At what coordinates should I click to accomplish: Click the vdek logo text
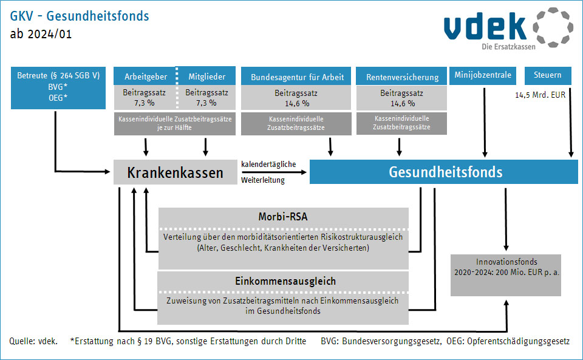coord(485,26)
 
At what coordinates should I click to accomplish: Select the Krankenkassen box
coord(175,172)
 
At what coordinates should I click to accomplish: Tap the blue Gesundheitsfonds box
coord(443,172)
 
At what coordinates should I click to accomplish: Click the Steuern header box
coord(548,75)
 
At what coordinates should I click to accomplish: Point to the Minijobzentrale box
coord(483,75)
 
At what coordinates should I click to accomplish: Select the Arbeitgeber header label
coord(146,76)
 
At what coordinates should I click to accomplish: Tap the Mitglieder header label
coord(206,76)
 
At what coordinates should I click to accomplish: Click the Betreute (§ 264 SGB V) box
coord(58,87)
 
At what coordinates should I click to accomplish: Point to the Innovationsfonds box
coord(506,275)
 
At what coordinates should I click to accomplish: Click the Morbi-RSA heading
coord(283,217)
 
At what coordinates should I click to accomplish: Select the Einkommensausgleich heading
coord(285,281)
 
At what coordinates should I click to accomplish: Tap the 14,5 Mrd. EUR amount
coord(540,95)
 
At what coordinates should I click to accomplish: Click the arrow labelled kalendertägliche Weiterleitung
coord(274,172)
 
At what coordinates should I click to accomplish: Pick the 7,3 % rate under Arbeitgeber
coord(145,103)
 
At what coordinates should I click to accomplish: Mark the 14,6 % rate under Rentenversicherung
coord(403,104)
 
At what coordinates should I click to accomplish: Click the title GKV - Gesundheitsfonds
coord(79,16)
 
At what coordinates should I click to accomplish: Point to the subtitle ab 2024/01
coord(41,34)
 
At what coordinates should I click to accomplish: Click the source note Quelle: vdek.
coord(33,341)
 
